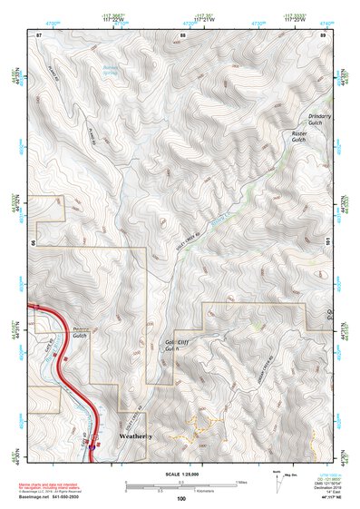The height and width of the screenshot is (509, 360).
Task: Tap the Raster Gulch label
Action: (301, 137)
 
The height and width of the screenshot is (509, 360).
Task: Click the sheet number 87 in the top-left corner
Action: (39, 34)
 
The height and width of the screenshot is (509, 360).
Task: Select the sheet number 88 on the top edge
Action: (182, 34)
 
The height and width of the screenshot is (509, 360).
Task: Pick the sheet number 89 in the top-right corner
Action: (322, 34)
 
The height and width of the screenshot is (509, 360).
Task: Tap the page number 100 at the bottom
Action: (181, 498)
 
